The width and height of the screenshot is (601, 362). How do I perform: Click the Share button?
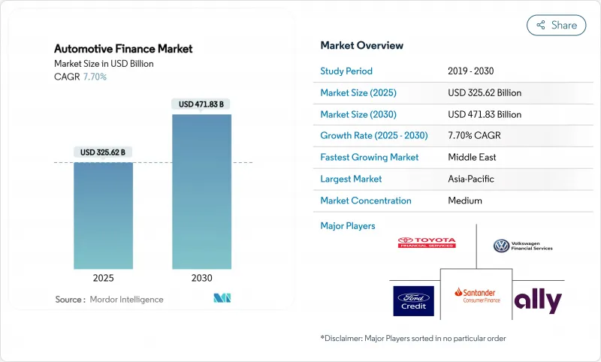tap(557, 25)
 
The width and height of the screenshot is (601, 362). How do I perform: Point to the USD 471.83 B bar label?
tap(201, 104)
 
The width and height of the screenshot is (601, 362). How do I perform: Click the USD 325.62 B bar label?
tap(103, 152)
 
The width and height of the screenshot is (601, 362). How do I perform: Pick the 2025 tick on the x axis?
tap(103, 277)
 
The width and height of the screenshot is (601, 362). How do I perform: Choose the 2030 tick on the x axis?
tap(201, 277)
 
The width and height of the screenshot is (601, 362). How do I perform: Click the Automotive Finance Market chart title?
tap(123, 49)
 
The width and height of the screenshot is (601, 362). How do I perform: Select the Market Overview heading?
tap(362, 45)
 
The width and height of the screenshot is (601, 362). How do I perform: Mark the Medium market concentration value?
tap(465, 201)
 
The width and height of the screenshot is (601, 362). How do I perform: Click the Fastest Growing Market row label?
tap(370, 158)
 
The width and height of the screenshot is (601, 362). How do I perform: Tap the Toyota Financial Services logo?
tap(427, 243)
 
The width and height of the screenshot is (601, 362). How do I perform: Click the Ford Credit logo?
tap(414, 300)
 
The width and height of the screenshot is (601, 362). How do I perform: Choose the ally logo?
tap(538, 301)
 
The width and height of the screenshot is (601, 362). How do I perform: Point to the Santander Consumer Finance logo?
tap(476, 295)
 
